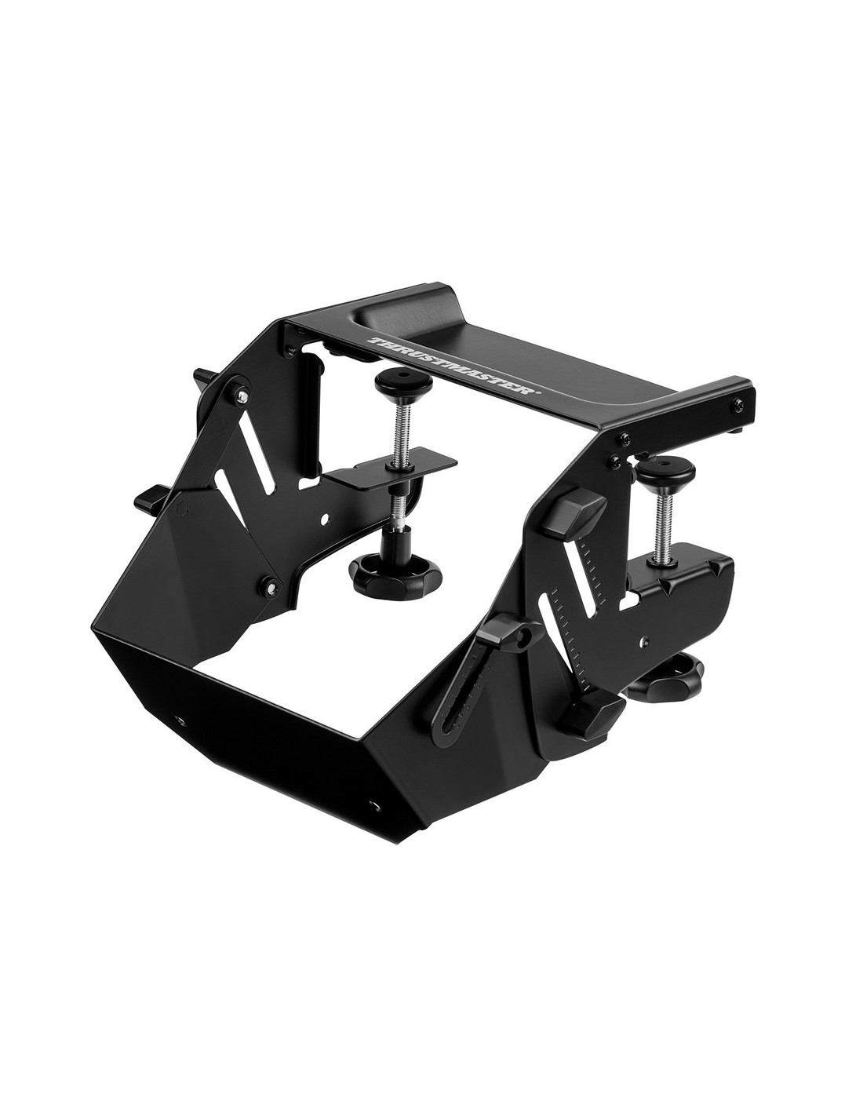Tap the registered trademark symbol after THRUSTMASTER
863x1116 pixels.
click(x=537, y=395)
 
